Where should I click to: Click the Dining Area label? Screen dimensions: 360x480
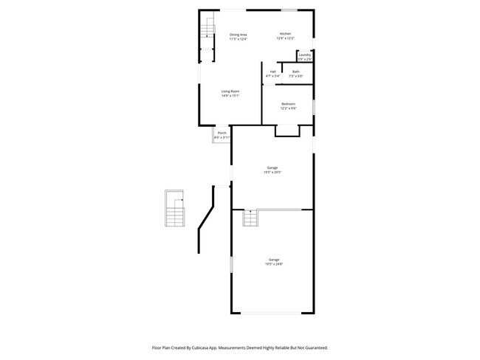[x=238, y=35]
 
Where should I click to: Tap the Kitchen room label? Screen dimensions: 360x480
[x=285, y=35]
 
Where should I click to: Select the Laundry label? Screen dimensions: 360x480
[x=304, y=55]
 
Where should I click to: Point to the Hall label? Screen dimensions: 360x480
[x=272, y=72]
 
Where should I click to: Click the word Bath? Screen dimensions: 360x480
[x=295, y=72]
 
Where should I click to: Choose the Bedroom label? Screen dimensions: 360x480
[x=288, y=104]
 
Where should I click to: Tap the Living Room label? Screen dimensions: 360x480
[x=230, y=91]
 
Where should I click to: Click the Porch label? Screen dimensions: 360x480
[x=222, y=133]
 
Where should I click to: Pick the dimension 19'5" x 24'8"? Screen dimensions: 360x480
[x=275, y=263]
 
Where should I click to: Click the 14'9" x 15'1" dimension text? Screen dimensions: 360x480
[x=230, y=96]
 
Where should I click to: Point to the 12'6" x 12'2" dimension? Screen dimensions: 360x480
[x=285, y=39]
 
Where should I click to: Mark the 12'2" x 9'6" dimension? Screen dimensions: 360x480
[x=288, y=108]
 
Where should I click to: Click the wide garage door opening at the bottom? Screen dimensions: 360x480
[x=273, y=313]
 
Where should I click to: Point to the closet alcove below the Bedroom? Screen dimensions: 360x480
[x=287, y=131]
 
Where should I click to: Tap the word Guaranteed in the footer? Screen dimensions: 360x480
[x=315, y=347]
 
